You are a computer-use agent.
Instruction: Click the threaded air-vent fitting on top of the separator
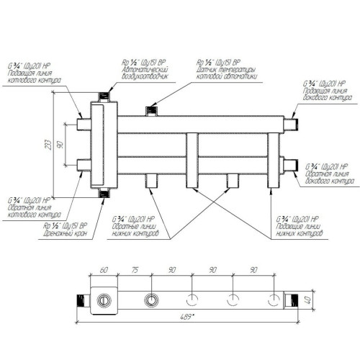pos(104,94)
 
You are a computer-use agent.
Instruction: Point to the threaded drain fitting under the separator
pos(105,193)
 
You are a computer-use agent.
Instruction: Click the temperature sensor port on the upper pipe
pos(151,109)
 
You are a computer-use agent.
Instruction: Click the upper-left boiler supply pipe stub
pos(81,124)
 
